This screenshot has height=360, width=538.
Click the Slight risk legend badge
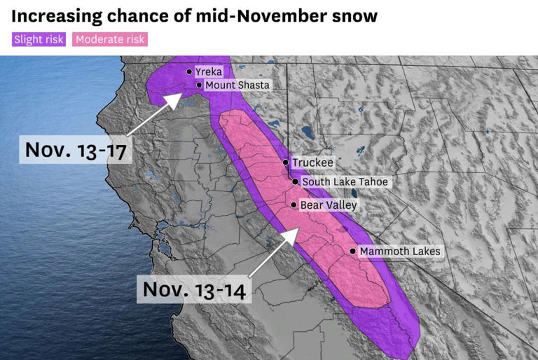(39, 39)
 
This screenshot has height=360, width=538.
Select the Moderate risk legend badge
(110, 39)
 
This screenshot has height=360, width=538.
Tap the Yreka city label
(208, 71)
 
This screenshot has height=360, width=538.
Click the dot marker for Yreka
(189, 71)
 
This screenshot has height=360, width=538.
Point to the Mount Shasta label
(237, 85)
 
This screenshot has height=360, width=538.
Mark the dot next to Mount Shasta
(199, 85)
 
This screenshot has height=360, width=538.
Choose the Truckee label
(312, 162)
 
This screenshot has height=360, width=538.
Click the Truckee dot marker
(286, 162)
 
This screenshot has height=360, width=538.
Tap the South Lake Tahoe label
(345, 182)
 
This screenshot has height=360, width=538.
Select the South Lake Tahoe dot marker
(296, 182)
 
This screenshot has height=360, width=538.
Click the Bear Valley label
(328, 205)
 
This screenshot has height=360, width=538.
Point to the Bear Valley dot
(294, 205)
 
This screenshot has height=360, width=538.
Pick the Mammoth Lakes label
(400, 251)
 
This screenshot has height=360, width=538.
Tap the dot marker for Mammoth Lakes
(352, 251)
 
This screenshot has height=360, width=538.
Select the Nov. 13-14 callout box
(194, 289)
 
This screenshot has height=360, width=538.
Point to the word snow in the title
(353, 15)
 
